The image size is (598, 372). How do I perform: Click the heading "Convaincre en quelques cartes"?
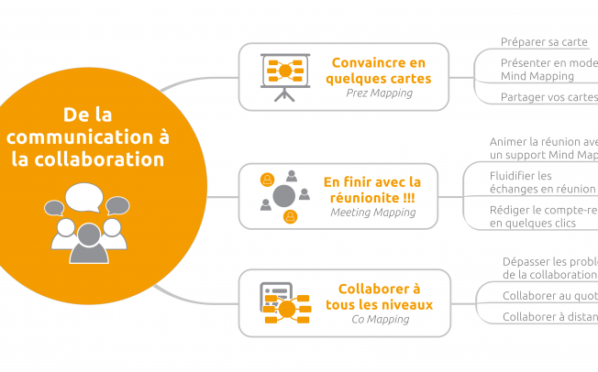[380, 71]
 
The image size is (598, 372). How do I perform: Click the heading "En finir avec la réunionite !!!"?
[372, 189]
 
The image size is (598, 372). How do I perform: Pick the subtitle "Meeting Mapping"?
[372, 213]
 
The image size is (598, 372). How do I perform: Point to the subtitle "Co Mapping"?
[379, 320]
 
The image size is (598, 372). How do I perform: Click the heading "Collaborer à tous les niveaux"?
[379, 296]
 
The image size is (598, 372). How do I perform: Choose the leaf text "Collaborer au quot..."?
[549, 296]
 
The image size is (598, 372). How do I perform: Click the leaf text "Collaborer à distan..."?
[549, 317]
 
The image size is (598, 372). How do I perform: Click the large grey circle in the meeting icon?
[284, 195]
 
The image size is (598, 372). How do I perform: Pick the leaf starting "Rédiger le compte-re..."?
[543, 216]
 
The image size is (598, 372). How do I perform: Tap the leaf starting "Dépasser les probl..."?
[549, 268]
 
